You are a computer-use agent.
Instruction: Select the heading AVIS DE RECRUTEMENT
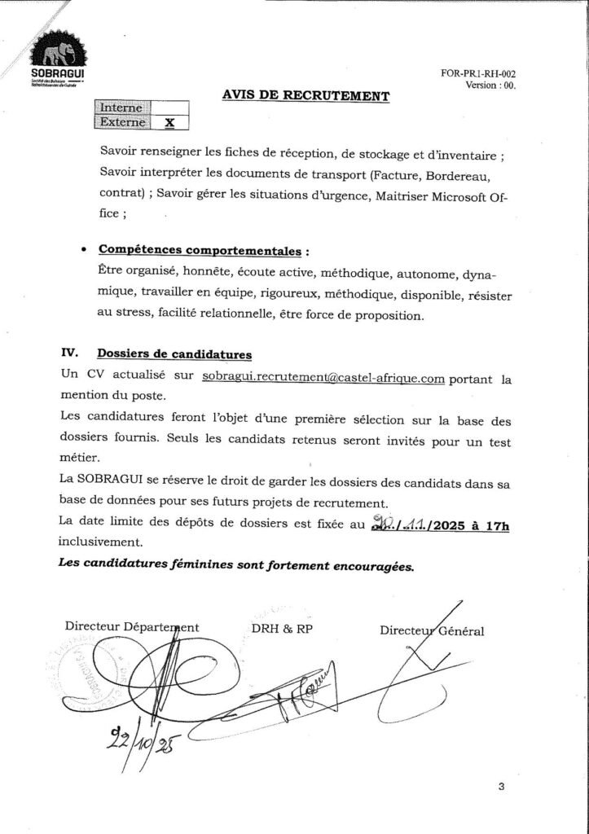305,95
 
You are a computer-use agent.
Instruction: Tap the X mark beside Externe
169,123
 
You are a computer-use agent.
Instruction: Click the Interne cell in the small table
122,108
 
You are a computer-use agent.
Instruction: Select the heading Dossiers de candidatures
174,353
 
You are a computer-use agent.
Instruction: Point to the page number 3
501,786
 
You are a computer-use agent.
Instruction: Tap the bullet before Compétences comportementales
86,249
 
